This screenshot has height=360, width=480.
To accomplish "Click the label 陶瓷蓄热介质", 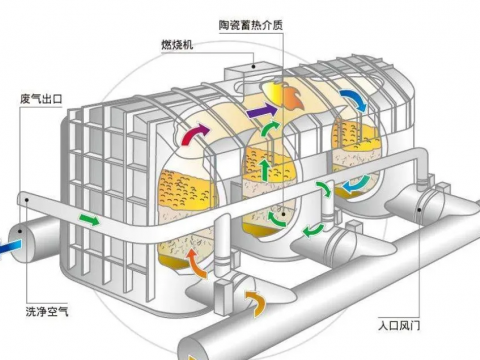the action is (x=251, y=25).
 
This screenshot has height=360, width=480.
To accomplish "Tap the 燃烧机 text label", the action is (x=177, y=45).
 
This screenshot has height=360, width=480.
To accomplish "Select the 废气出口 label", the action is (x=41, y=99).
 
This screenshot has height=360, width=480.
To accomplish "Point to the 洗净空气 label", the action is (x=47, y=311).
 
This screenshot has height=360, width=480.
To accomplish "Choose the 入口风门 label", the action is (x=399, y=325).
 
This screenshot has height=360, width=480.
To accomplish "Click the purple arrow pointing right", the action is (x=262, y=111).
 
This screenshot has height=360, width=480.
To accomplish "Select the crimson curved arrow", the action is (x=196, y=134).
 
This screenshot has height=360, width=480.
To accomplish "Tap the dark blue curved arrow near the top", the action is (x=353, y=100).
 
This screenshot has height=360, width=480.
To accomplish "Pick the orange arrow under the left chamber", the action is (x=196, y=263).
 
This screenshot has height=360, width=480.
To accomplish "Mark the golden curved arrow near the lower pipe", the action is (x=256, y=303).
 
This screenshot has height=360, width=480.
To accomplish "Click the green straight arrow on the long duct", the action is (x=89, y=220).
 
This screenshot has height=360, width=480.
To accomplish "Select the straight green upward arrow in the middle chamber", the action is (x=265, y=170).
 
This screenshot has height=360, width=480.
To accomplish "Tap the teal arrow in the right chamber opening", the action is (x=357, y=184).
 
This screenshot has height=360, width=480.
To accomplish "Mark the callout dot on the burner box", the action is (x=254, y=67).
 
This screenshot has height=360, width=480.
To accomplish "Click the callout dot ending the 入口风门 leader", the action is (x=419, y=210).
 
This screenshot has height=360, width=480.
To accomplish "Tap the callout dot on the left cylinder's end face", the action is (x=20, y=231).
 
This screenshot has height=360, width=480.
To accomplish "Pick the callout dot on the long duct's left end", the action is (x=27, y=200).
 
